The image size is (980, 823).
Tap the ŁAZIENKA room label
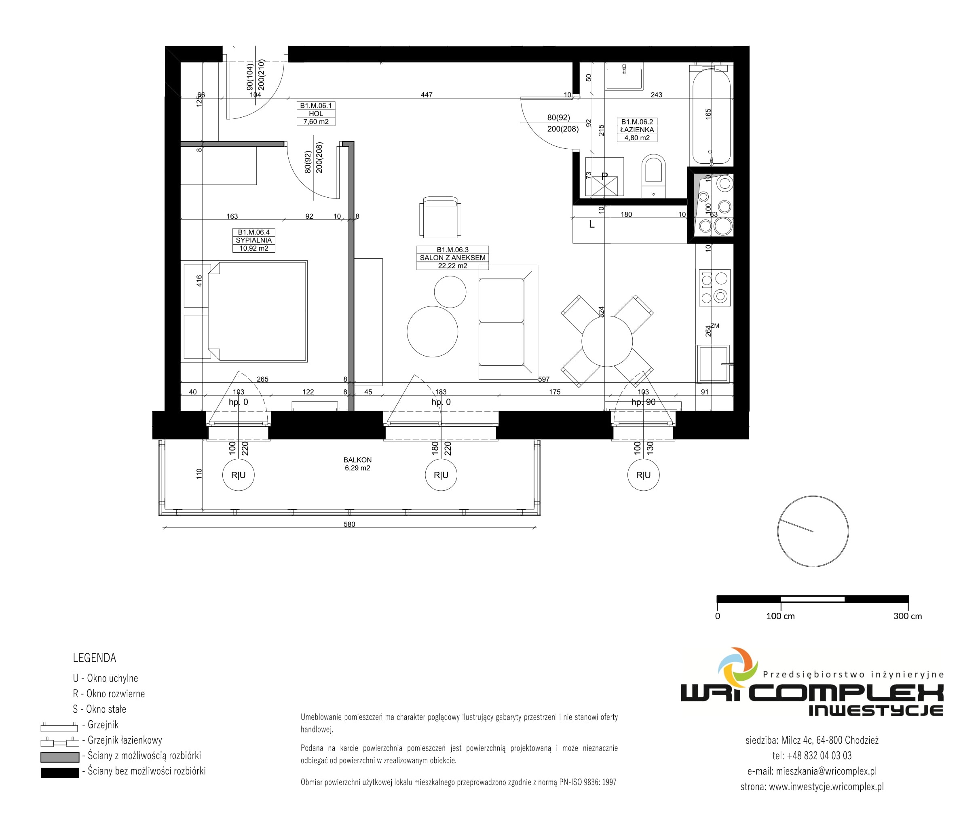[637, 130]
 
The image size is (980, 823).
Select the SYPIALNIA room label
[253, 240]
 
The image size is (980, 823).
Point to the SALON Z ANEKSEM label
[452, 257]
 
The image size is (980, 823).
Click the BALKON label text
[357, 460]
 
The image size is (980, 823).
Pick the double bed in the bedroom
[257, 311]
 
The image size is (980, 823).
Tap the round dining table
[607, 341]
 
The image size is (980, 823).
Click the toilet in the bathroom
[653, 176]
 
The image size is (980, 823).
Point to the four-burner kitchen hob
[714, 287]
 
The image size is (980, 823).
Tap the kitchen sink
[713, 364]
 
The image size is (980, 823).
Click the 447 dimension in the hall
[427, 95]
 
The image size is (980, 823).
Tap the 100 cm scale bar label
[780, 616]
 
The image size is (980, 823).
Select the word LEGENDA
[94, 658]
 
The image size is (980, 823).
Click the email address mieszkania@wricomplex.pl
[826, 771]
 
